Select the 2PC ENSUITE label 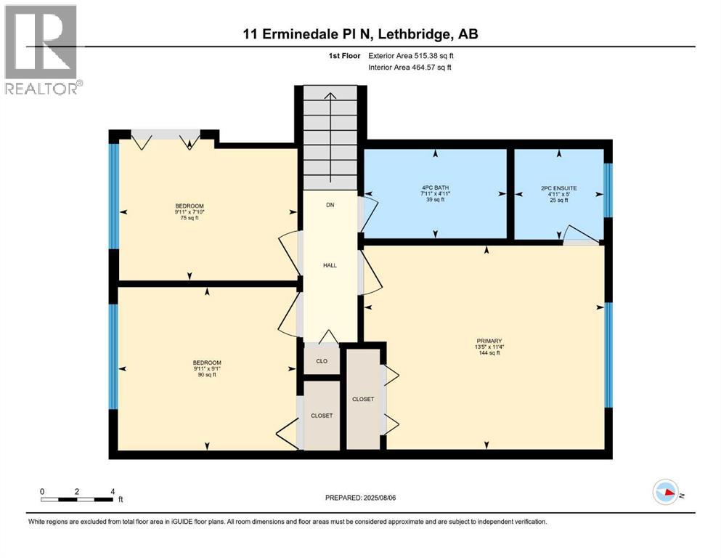pos(558,187)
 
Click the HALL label pos(330,264)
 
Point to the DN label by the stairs pos(330,206)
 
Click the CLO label pos(322,360)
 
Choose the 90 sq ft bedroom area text pos(207,375)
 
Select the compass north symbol pos(667,493)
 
